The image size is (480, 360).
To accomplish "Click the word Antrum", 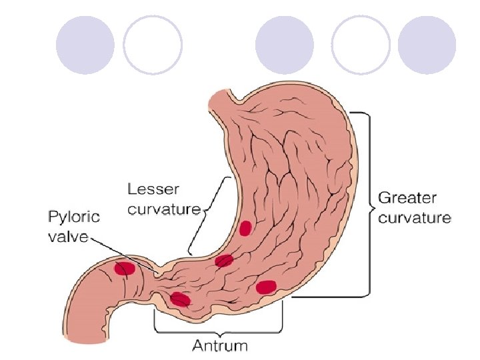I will click(220, 345).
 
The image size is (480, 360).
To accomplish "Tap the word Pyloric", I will click(74, 217).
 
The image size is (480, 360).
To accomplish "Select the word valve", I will click(67, 237).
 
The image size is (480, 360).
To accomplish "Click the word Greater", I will click(407, 198).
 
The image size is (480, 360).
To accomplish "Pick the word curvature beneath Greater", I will click(415, 217).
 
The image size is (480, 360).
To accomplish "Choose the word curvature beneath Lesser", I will click(164, 209).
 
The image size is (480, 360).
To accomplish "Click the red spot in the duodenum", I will click(125, 269).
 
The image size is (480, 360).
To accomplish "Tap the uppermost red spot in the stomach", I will click(245, 228).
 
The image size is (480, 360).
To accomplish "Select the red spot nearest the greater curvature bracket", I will click(266, 287).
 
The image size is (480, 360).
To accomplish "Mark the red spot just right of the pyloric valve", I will click(180, 299).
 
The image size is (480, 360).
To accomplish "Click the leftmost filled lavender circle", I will click(85, 45).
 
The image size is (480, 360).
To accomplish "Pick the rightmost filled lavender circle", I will click(427, 45).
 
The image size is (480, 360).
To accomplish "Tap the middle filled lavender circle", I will click(285, 45).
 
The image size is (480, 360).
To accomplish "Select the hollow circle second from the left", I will click(153, 45).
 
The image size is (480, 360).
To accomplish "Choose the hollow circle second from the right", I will click(361, 45).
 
